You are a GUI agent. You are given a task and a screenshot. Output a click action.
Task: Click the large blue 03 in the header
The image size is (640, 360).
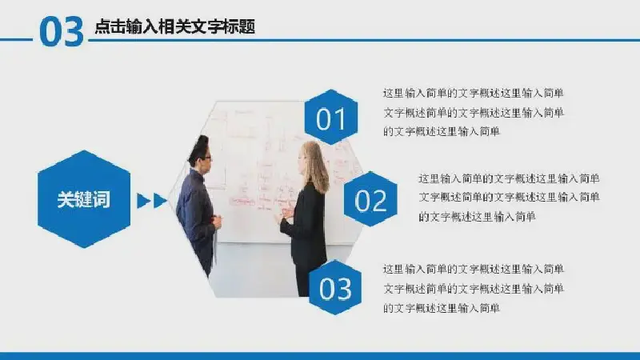[x=62, y=32]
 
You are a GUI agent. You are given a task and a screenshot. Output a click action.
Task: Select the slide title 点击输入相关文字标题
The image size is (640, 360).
[x=175, y=27]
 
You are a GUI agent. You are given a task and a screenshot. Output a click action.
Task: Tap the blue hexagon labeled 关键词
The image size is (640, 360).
[x=84, y=199]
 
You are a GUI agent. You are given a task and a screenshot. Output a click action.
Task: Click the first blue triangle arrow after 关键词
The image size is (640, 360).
[x=143, y=201]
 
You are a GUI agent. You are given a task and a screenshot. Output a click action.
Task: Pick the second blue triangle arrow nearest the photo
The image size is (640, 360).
[x=160, y=201]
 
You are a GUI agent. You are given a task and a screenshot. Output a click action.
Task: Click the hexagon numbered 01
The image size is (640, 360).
[x=331, y=117]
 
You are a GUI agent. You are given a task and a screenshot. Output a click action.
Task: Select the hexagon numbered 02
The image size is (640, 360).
[x=370, y=199]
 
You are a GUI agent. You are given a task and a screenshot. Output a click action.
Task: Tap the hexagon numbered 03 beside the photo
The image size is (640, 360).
[x=335, y=287]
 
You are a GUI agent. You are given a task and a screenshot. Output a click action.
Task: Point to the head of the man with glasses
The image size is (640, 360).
[x=200, y=152]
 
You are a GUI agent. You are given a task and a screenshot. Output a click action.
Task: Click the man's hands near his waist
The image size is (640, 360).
[x=217, y=221]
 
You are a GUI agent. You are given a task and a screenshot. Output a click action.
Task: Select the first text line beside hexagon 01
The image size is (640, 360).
[x=474, y=93]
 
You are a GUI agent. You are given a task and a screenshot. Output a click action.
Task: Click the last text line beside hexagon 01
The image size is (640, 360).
[x=442, y=131]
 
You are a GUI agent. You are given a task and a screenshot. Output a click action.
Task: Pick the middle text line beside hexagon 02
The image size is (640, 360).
[x=509, y=197]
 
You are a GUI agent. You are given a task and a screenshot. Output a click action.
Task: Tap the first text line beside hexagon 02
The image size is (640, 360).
[x=509, y=178]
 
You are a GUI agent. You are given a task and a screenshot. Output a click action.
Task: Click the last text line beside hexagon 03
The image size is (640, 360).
[x=442, y=308]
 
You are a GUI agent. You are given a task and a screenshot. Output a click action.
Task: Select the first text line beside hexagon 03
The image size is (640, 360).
[x=474, y=269]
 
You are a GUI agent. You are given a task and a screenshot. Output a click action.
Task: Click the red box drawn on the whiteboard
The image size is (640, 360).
[x=242, y=202]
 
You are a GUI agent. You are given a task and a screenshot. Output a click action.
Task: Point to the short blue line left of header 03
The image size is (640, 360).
[x=16, y=39]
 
